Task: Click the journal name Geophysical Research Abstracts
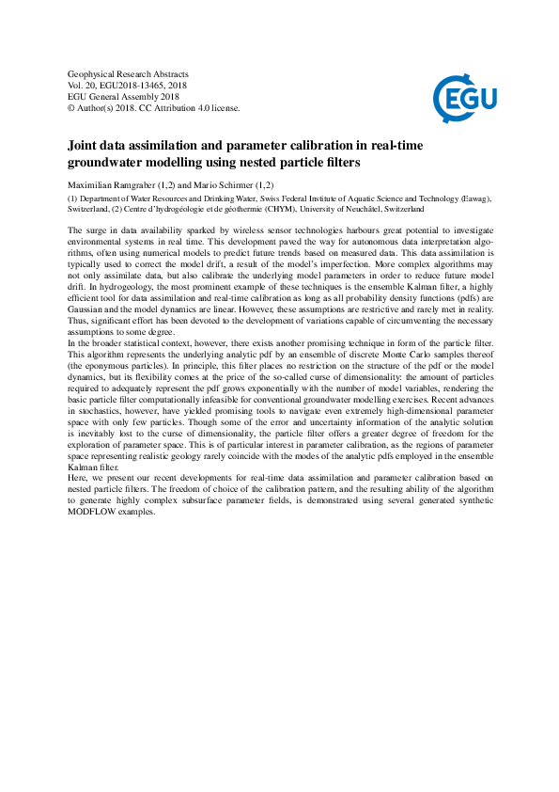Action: click(x=129, y=73)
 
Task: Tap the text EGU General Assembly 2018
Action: click(x=123, y=96)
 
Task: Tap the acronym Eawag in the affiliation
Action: click(x=470, y=199)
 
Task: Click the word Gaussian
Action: click(x=89, y=309)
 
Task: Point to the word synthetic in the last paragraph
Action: click(x=470, y=501)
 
